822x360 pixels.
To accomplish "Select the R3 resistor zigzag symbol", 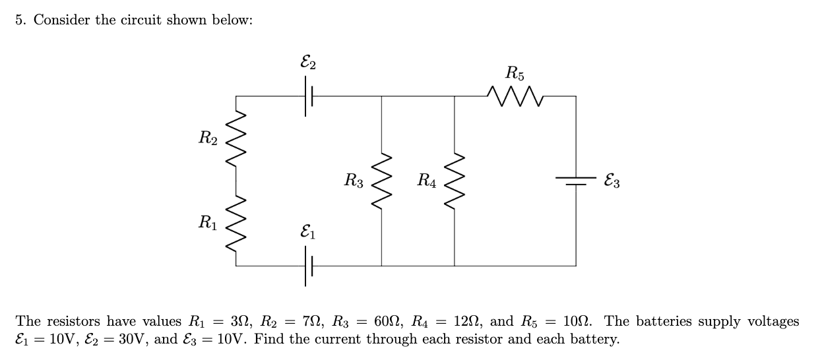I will tap(382, 180).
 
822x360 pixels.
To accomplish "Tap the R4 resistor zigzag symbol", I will tap(455, 180).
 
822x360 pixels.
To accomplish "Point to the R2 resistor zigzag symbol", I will tap(236, 138).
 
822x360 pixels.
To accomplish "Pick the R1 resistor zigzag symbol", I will tap(236, 223).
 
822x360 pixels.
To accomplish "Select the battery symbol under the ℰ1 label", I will tap(308, 266).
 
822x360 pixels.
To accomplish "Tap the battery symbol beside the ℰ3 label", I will tap(575, 181).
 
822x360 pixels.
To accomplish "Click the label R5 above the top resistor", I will tap(515, 72).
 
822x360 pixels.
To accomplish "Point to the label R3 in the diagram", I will tap(354, 180).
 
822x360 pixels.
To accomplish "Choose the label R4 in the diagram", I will tap(426, 180).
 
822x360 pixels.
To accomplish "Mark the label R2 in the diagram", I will tap(208, 138).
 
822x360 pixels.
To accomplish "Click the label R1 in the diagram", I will tap(208, 223).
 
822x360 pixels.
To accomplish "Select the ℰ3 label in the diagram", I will tap(611, 181).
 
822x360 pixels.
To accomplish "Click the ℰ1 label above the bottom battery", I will tap(307, 232).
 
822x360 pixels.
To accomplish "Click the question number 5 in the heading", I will tap(20, 20).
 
